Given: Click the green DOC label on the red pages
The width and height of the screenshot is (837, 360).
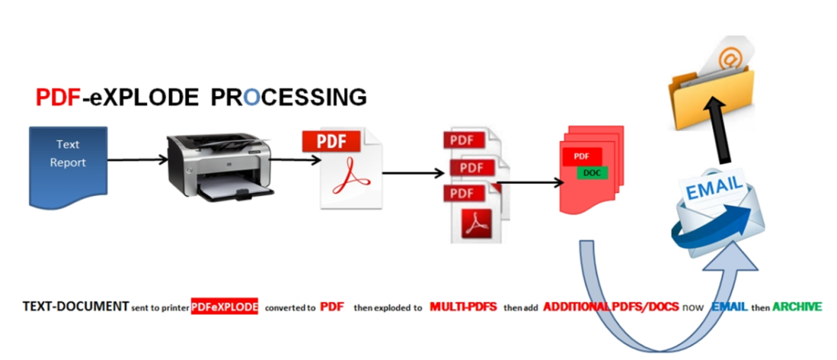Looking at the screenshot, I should click(592, 173).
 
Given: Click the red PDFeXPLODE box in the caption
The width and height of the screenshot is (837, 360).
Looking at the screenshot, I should click(225, 307).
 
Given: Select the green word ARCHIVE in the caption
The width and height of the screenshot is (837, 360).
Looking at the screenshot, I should click(797, 306).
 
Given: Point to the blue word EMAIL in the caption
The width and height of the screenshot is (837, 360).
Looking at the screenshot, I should click(731, 306).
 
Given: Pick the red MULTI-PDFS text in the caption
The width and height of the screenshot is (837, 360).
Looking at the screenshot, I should click(464, 306).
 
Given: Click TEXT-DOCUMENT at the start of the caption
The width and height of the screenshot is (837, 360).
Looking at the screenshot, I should click(75, 306).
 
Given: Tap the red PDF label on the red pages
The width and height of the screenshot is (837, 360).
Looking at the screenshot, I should click(582, 156).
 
